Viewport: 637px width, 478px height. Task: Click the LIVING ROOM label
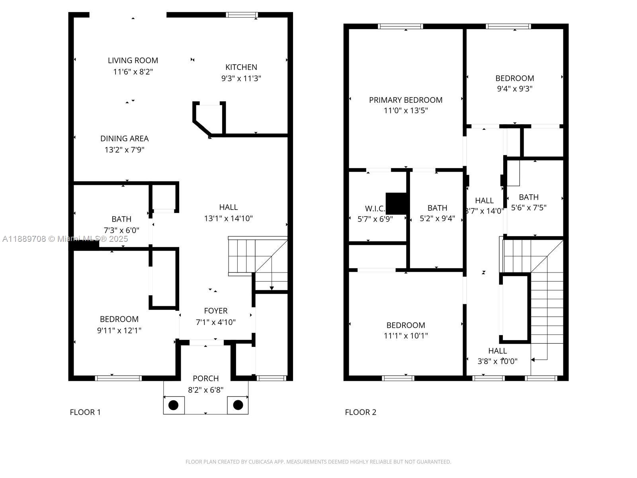[133, 61]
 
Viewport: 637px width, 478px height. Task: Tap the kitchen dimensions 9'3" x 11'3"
[241, 78]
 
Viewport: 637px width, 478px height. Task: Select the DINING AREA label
[124, 139]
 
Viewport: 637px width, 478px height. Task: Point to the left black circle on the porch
[174, 405]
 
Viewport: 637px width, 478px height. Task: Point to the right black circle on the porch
[238, 405]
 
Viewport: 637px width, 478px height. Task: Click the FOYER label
[216, 311]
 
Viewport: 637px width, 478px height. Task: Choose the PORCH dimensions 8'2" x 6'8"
[206, 390]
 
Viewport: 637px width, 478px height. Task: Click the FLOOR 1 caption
[85, 412]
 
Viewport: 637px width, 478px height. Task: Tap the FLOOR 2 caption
[360, 412]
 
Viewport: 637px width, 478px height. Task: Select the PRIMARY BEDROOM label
[406, 100]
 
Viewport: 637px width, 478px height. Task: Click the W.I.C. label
[375, 208]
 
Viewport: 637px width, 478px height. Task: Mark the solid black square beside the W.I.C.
[396, 204]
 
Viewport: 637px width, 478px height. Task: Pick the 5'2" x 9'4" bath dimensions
[437, 219]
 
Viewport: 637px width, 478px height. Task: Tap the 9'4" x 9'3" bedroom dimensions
[515, 89]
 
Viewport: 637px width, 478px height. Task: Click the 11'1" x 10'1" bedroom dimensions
[406, 336]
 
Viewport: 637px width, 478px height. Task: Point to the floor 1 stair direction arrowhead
[272, 288]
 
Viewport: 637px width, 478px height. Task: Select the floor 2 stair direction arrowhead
[533, 360]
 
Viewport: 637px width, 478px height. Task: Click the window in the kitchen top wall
[242, 15]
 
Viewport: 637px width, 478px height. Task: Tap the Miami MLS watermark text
[65, 239]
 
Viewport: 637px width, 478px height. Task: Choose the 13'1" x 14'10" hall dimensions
[229, 219]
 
